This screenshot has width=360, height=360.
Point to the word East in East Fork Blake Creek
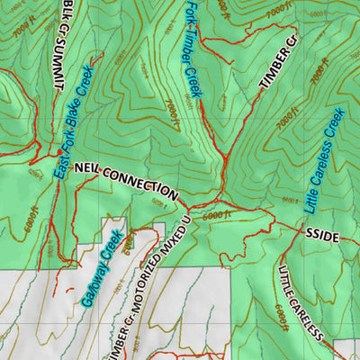pos(59,165)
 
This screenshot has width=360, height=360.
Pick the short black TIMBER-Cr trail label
pos(278,64)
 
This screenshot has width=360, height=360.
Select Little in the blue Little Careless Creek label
pos(308,201)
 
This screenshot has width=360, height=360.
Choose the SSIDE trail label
pos(321,236)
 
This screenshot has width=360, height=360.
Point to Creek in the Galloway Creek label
pos(112,242)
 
